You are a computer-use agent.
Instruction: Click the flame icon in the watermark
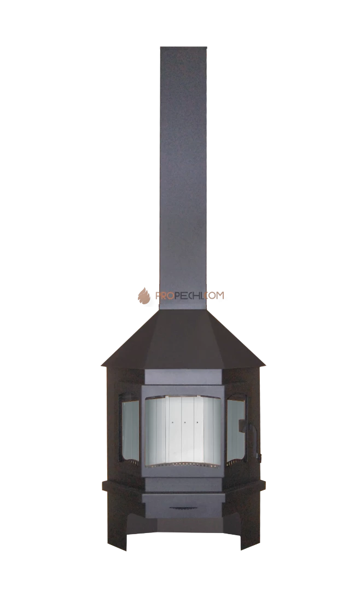point(144,296)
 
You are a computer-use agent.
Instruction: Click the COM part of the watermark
point(216,296)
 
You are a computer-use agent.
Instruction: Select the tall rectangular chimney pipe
point(184,178)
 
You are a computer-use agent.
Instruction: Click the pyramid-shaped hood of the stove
point(183,339)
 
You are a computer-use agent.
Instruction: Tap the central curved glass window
point(184,431)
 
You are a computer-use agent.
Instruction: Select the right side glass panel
point(236,428)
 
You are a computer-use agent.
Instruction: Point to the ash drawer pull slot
point(183,508)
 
